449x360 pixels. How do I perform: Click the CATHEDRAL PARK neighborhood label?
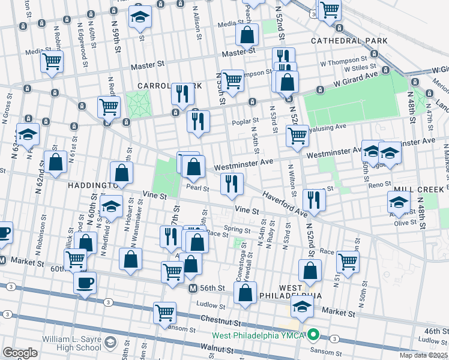(x=349, y=41)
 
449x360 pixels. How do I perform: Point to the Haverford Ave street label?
(x=285, y=205)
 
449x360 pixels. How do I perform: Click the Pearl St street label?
(x=197, y=188)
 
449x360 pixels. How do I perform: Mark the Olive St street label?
(x=406, y=223)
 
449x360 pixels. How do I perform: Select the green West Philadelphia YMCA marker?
(x=312, y=334)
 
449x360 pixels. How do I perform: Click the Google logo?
(x=20, y=353)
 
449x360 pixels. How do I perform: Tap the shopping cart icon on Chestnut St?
(x=164, y=311)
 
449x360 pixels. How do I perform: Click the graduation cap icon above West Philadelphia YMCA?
(x=302, y=307)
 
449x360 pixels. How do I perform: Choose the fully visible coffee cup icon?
(x=85, y=283)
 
